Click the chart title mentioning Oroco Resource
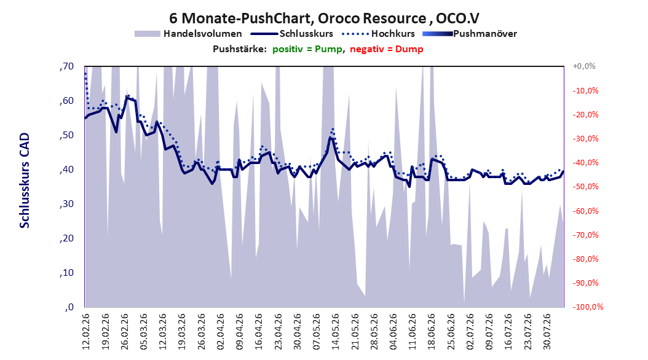click(324, 18)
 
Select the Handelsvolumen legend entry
click(189, 34)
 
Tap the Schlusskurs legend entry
click(292, 34)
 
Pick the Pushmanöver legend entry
click(470, 34)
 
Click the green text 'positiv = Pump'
click(307, 49)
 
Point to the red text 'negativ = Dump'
click(387, 49)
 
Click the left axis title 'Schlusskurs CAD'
click(25, 181)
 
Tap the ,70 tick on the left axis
click(66, 66)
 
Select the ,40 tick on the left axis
click(66, 170)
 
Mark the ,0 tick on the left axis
click(69, 307)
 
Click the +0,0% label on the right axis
click(584, 66)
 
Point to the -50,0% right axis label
click(585, 187)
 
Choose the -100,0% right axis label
click(588, 307)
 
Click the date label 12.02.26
click(86, 332)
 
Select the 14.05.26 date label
click(336, 332)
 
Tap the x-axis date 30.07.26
click(547, 332)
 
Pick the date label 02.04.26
click(220, 332)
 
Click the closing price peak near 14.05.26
click(330, 138)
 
